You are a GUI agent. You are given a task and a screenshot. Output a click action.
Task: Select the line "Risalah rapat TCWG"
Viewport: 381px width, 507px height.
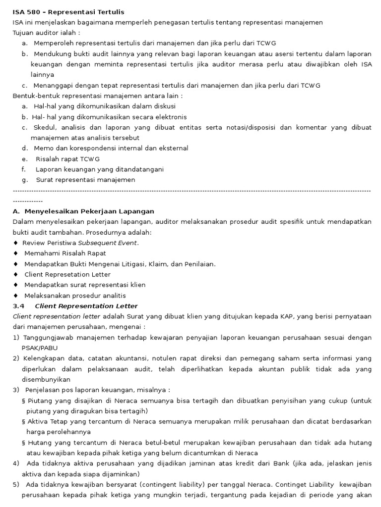(68, 159)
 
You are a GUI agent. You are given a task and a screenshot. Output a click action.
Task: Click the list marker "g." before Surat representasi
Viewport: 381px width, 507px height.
(25, 180)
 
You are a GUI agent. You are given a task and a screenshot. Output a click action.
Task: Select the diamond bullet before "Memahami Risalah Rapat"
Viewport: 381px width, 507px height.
(16, 253)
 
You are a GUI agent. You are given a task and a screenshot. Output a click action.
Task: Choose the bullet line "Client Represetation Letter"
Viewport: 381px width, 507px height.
(67, 274)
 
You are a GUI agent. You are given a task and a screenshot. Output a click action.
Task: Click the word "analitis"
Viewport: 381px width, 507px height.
(114, 296)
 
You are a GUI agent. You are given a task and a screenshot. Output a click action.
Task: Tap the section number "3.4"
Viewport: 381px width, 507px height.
(18, 306)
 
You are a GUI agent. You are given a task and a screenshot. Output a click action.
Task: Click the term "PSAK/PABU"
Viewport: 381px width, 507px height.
(40, 348)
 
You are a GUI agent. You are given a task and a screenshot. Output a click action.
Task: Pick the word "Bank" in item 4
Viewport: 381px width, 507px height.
(281, 463)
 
